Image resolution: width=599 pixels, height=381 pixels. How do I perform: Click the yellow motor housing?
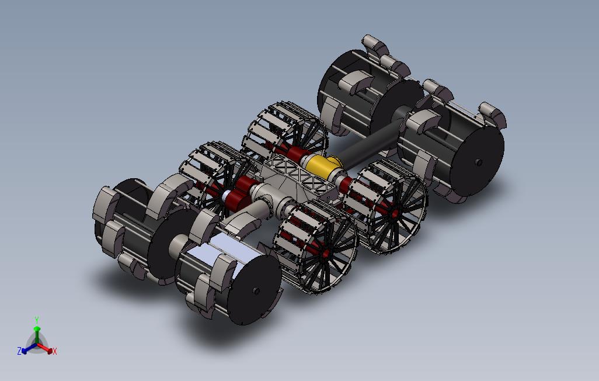[322, 165]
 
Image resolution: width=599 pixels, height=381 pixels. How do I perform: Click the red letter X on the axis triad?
[55, 351]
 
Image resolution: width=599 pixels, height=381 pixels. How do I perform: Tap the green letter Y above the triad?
[37, 320]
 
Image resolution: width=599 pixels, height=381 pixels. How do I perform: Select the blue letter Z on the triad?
[19, 351]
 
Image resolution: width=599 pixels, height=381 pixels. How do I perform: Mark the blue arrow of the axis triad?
[29, 348]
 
